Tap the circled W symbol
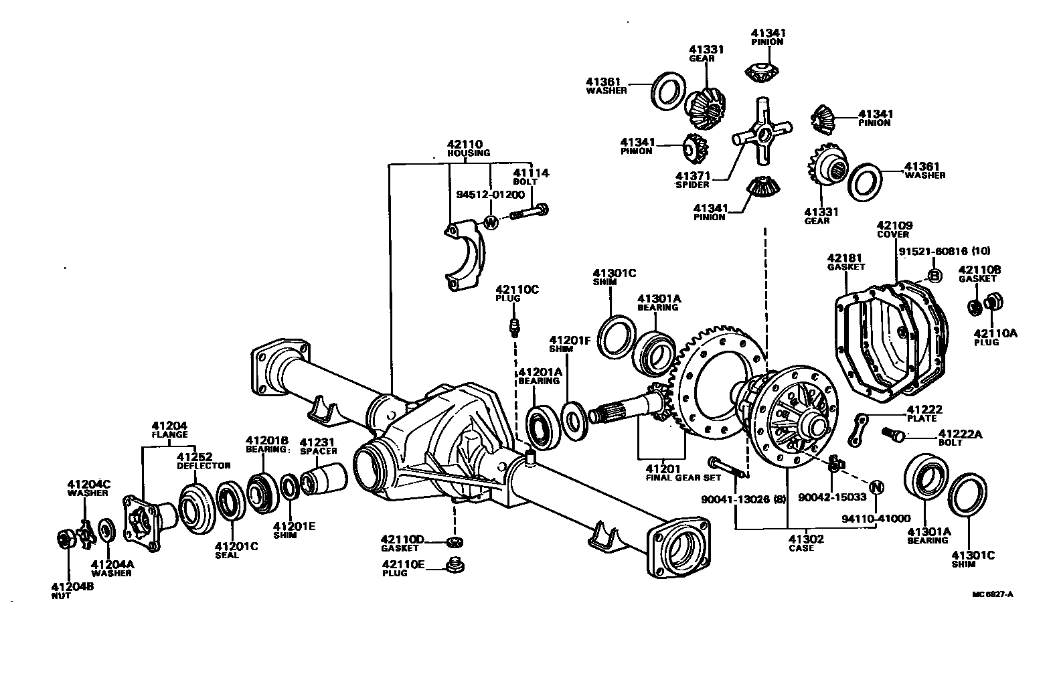pos(491,222)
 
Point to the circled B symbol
pos(935,275)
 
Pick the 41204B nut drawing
pos(66,538)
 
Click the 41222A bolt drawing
pos(894,434)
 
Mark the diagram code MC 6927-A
pos(993,593)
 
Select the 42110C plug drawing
pos(514,327)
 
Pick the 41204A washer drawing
pos(105,530)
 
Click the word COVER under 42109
pos(893,235)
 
